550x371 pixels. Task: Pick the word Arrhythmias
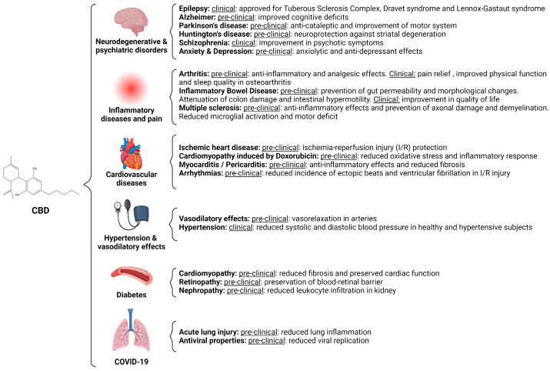click(196, 174)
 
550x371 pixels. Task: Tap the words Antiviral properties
click(205, 340)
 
